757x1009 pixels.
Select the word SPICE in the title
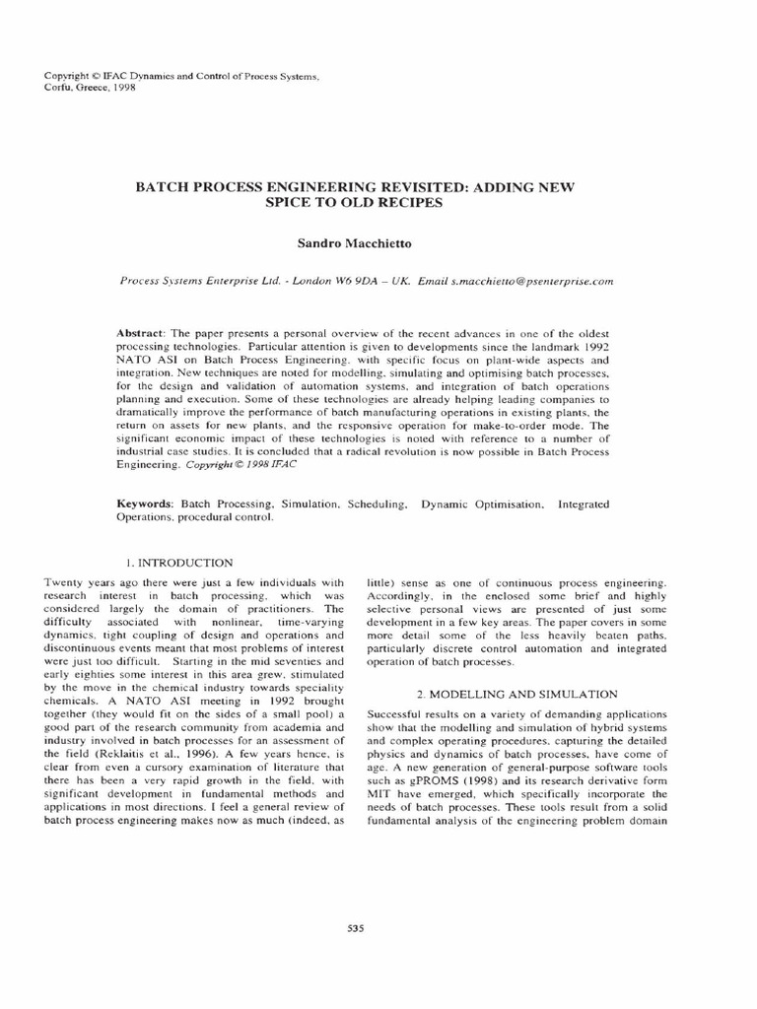(x=291, y=202)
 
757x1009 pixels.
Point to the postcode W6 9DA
(x=357, y=280)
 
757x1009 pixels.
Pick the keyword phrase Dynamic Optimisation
(x=482, y=504)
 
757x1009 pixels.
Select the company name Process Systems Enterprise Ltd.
(x=196, y=280)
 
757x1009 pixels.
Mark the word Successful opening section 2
(x=396, y=713)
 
